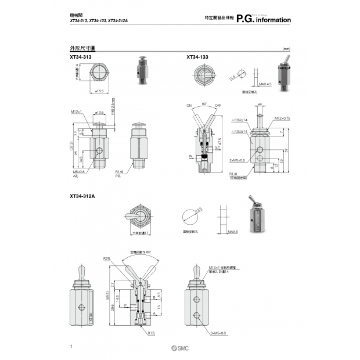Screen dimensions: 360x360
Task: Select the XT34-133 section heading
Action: point(197,57)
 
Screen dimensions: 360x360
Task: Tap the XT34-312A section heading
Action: point(82,196)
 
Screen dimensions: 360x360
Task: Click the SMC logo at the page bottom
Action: point(180,348)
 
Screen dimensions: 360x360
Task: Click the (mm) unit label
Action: point(286,49)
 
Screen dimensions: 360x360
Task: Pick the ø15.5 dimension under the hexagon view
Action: point(99,91)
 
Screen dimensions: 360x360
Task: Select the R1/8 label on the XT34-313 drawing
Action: point(119,172)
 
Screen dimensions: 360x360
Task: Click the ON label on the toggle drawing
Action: point(189,106)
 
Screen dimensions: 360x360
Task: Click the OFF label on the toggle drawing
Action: point(218,106)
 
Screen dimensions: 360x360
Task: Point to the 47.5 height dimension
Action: point(219,141)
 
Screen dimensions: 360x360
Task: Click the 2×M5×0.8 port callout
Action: point(236,160)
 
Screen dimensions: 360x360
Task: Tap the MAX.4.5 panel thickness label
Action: point(265,84)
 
